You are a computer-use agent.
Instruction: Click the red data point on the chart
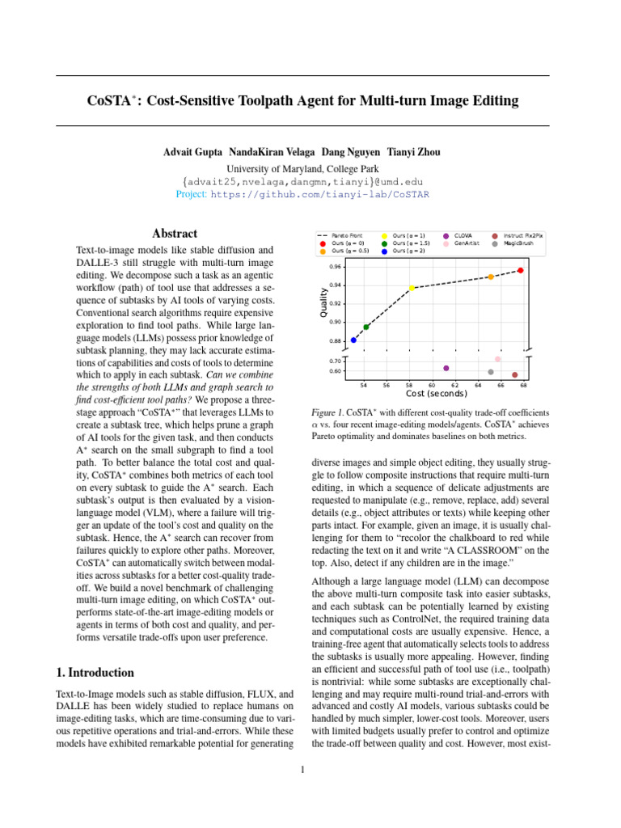point(521,270)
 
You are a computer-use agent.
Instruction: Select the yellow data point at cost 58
point(412,288)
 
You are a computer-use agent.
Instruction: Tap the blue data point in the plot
point(353,340)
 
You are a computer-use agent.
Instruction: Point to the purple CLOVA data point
point(446,368)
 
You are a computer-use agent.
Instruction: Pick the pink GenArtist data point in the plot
point(498,359)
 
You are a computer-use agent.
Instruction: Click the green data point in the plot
point(366,327)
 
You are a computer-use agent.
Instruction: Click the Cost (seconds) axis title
point(437,394)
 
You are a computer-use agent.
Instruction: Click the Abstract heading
point(176,233)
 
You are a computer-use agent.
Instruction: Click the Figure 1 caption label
point(327,411)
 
